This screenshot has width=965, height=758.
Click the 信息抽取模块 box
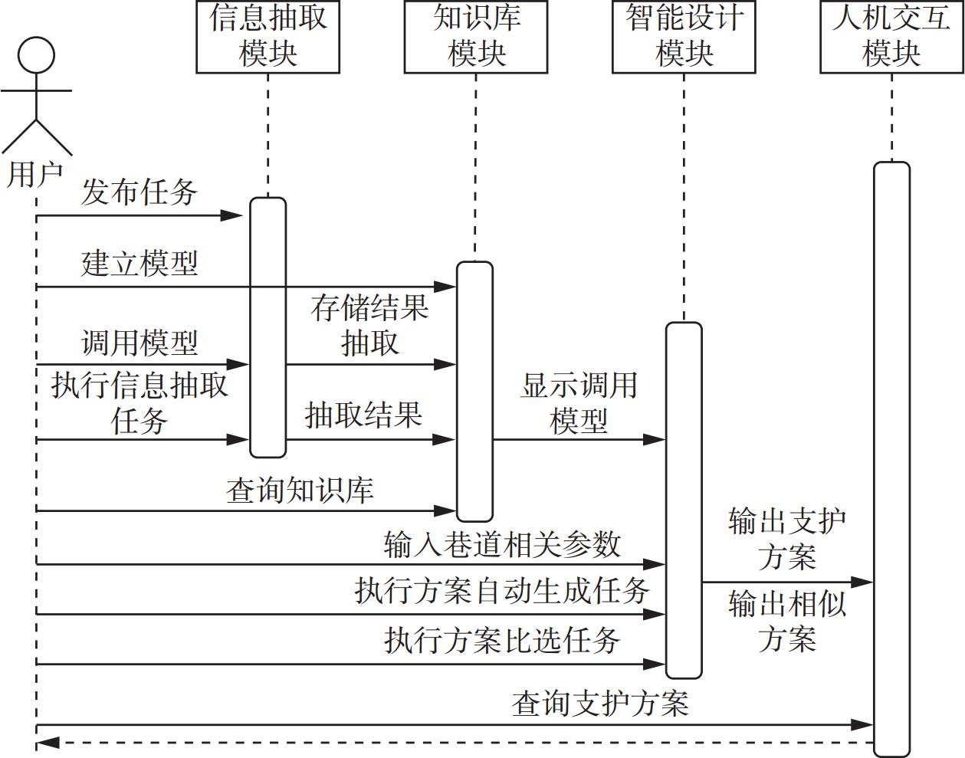(x=268, y=37)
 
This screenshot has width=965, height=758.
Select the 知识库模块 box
(x=476, y=37)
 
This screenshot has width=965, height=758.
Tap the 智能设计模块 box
(x=684, y=37)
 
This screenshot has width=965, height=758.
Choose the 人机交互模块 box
(x=891, y=37)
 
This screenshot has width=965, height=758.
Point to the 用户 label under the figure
(x=34, y=174)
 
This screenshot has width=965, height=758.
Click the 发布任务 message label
(x=139, y=192)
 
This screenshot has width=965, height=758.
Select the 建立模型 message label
(x=139, y=263)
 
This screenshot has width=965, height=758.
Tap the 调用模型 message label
(x=139, y=342)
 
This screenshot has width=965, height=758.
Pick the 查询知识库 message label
(x=300, y=490)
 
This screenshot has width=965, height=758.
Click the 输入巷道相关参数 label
(x=502, y=544)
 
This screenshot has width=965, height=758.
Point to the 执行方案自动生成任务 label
(x=502, y=591)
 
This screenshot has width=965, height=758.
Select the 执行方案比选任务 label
(x=502, y=640)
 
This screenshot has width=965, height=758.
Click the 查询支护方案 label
(x=600, y=703)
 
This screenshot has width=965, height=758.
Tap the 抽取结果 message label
(x=363, y=415)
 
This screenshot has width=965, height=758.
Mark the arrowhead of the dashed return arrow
(x=46, y=742)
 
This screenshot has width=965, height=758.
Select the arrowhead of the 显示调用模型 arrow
(x=655, y=440)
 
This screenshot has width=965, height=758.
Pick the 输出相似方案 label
(x=787, y=621)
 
